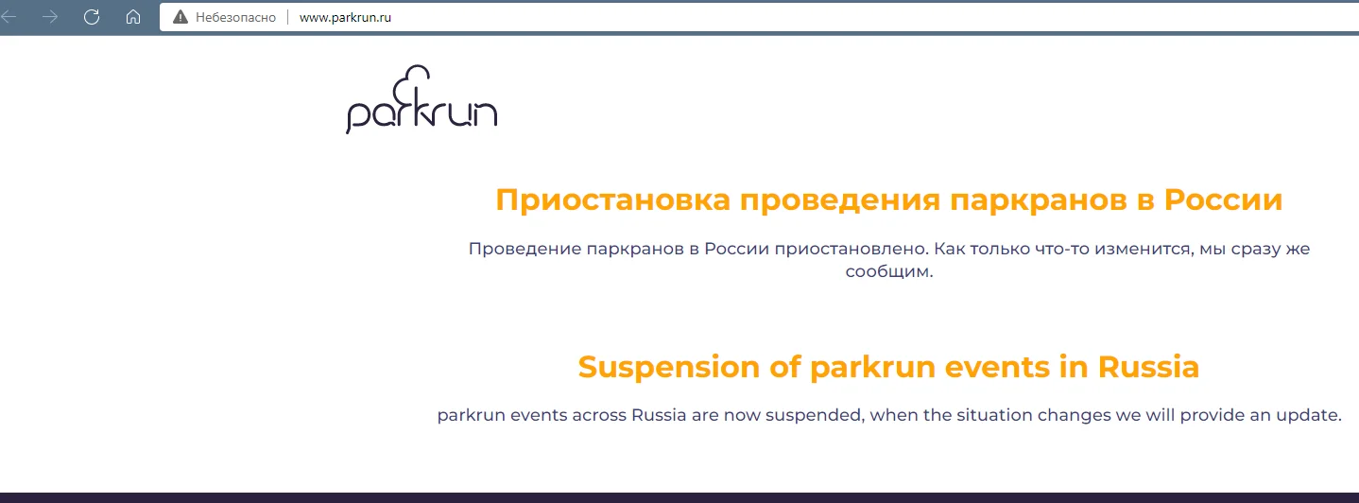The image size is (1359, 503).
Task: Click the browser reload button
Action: pos(92,17)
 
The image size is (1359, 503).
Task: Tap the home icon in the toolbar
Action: pos(133,17)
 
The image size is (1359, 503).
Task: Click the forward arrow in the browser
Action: pos(50,17)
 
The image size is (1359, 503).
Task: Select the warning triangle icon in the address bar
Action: pos(181,17)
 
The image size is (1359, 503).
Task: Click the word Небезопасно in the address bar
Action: pos(235,18)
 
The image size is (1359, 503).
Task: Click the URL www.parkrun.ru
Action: pos(345,18)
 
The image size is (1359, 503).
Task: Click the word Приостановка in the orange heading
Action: pos(612,200)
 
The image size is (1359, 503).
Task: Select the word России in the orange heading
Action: pos(1223,199)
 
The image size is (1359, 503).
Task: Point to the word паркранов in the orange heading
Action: pos(1038,200)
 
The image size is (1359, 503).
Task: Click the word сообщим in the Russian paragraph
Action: pos(887,271)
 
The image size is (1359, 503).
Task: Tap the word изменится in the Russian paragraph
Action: pos(1143,249)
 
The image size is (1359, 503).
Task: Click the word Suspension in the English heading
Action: pos(669,367)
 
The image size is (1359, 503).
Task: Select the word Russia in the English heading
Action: pos(1148,367)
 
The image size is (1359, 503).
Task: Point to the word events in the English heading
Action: pos(997,367)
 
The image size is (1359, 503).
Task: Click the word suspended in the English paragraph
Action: pos(814,415)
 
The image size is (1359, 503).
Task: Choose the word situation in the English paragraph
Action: pos(994,415)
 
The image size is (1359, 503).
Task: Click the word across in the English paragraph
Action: pos(599,416)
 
